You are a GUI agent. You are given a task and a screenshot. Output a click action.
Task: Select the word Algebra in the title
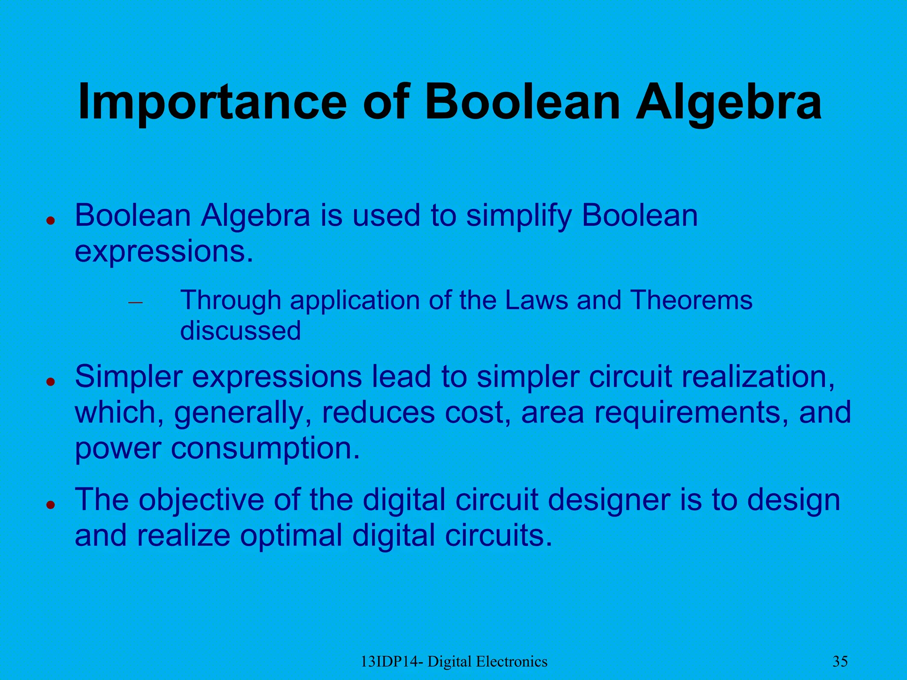[729, 103]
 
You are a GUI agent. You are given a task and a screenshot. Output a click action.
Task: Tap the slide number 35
[840, 662]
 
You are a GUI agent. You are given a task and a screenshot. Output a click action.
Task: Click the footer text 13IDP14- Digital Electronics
[454, 662]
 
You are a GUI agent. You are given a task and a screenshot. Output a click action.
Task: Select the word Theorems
[691, 300]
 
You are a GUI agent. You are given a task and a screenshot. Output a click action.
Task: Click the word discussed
[240, 330]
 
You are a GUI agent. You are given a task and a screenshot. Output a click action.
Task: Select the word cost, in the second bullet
[478, 412]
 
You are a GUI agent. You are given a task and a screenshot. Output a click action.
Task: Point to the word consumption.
[265, 448]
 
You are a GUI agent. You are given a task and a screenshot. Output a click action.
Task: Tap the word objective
[201, 500]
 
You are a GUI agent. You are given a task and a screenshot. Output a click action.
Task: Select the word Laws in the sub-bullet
[536, 300]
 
